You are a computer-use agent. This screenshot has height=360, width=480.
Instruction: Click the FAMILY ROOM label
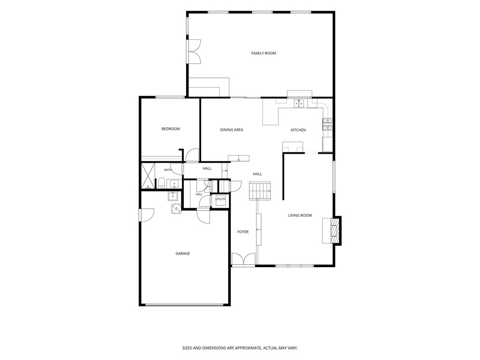point(263,53)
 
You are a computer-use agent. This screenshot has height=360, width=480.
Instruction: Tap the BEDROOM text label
point(171,129)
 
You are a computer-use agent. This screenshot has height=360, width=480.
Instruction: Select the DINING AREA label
point(232,130)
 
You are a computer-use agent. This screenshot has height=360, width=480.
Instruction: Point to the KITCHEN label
point(298,130)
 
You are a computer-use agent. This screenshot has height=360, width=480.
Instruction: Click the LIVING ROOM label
point(300,216)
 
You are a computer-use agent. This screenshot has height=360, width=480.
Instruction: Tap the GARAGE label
point(182,254)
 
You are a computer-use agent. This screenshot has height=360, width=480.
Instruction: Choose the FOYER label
point(243,232)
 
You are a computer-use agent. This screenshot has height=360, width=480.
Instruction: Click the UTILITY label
point(220,199)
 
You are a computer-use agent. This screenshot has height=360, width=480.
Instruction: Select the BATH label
point(168,170)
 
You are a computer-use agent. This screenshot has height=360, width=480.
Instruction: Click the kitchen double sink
point(299,104)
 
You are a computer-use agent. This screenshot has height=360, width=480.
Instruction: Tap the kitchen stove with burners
point(327,124)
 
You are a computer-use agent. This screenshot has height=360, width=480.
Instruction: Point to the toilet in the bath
point(161,183)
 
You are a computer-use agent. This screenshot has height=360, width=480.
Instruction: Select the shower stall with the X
point(148,176)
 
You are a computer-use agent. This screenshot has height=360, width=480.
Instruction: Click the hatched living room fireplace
point(335,230)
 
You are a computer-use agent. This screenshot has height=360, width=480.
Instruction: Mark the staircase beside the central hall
point(260,191)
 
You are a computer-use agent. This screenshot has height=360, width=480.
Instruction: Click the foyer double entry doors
point(243,259)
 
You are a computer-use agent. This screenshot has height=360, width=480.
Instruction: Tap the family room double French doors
point(195,52)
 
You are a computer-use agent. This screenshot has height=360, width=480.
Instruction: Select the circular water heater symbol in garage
point(176,209)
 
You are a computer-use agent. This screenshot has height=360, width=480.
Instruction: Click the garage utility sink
point(172,196)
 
